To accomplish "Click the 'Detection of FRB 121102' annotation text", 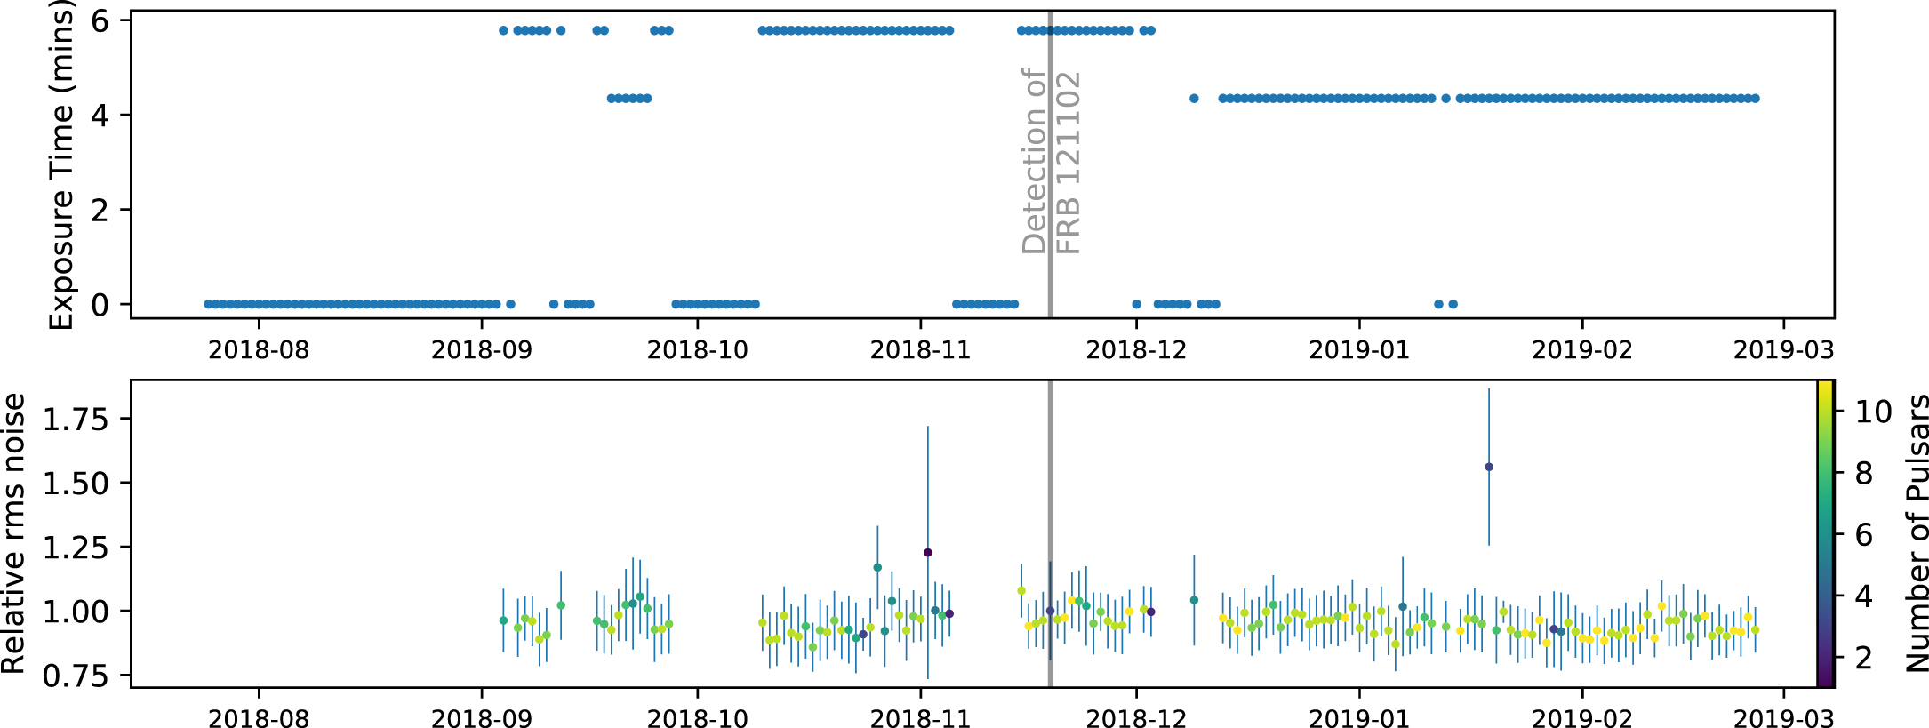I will [x=1051, y=163].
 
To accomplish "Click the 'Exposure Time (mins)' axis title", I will [x=60, y=164].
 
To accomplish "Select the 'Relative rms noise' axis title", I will [x=13, y=533].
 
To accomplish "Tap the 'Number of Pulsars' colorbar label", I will [x=1917, y=533].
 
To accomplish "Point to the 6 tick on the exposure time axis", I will [x=100, y=20].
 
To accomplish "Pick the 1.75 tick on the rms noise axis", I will [x=76, y=419].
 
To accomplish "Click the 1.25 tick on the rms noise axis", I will [x=76, y=547].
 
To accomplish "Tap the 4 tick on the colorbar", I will [x=1864, y=596].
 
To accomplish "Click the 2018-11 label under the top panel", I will [x=920, y=350].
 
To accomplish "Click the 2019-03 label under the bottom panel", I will [x=1783, y=718].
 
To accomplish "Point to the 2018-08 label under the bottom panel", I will [x=259, y=718].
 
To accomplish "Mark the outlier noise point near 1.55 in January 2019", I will [x=1489, y=467].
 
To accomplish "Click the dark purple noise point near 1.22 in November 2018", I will [x=928, y=553].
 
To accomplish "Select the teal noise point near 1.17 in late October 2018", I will [x=877, y=567].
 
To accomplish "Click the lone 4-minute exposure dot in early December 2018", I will [x=1194, y=99].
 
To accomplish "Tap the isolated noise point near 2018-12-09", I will [x=1194, y=600].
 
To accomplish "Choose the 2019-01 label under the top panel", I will [x=1359, y=350].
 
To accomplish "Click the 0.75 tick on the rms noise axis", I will [x=76, y=676].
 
